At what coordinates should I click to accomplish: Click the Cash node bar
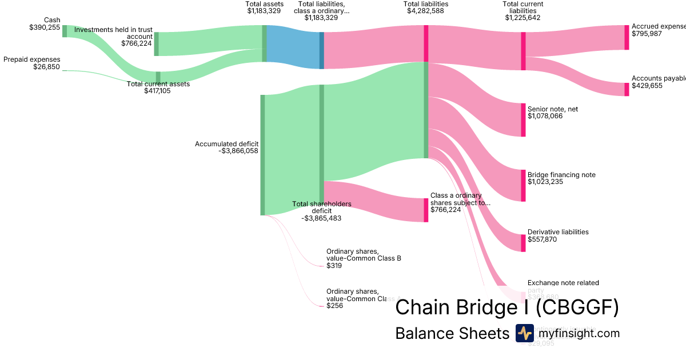(x=65, y=31)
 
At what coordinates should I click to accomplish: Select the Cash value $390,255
(x=45, y=27)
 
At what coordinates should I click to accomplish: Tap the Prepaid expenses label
(x=32, y=59)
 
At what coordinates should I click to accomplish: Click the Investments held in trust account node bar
(x=156, y=44)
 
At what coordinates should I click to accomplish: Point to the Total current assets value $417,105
(x=158, y=91)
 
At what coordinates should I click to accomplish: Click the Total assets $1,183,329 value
(x=264, y=10)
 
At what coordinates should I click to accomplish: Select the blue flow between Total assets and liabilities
(x=293, y=47)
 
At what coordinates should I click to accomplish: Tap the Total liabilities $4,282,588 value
(x=425, y=10)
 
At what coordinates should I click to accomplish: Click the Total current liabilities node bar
(x=523, y=51)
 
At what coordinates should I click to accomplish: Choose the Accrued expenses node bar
(x=627, y=38)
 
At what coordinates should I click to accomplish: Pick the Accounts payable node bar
(x=627, y=89)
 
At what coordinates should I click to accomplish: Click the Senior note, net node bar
(x=523, y=120)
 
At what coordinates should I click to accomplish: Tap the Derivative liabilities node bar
(x=523, y=243)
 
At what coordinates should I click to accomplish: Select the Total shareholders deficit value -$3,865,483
(x=321, y=218)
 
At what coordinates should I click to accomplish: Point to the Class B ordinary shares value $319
(x=334, y=266)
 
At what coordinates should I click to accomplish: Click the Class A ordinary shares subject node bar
(x=426, y=210)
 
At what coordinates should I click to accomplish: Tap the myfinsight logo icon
(x=524, y=333)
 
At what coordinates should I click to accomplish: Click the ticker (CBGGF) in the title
(x=577, y=307)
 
